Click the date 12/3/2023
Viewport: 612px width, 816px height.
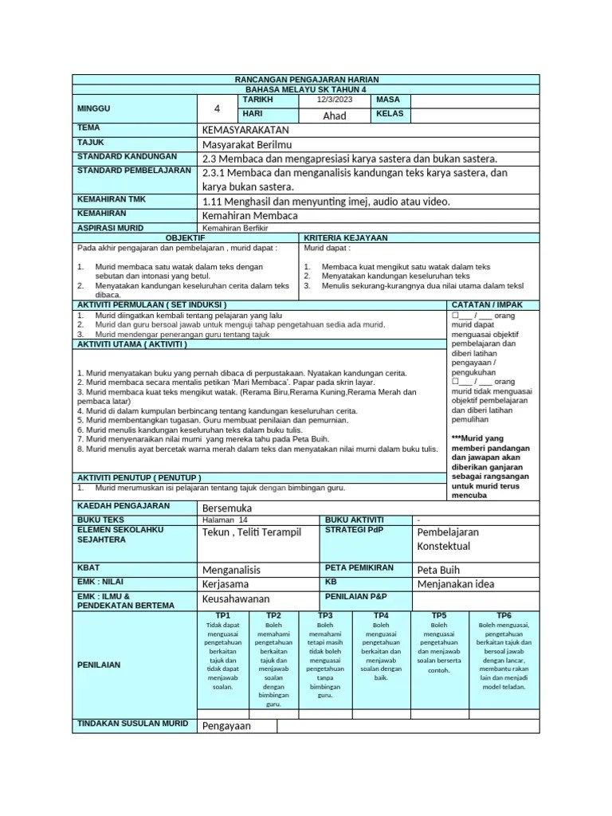pyautogui.click(x=335, y=100)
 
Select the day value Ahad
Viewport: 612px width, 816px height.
pyautogui.click(x=335, y=116)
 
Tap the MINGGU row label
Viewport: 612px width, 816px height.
pyautogui.click(x=94, y=108)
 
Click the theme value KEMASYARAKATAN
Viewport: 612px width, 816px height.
pyautogui.click(x=247, y=129)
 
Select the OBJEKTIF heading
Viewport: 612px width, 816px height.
pyautogui.click(x=185, y=237)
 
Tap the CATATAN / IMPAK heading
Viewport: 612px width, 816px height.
pyautogui.click(x=488, y=304)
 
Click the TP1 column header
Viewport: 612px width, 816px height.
pyautogui.click(x=222, y=615)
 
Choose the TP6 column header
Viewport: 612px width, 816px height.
pyautogui.click(x=504, y=615)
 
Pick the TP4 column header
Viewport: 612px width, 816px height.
pyautogui.click(x=381, y=615)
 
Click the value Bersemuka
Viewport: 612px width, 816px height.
pyautogui.click(x=228, y=508)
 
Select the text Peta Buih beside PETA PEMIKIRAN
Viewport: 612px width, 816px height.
pyautogui.click(x=438, y=570)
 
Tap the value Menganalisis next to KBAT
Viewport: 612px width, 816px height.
pyautogui.click(x=232, y=570)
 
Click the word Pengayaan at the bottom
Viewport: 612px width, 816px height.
pyautogui.click(x=226, y=726)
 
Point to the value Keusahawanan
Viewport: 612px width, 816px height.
pyautogui.click(x=237, y=598)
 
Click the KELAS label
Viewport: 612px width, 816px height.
pyautogui.click(x=390, y=113)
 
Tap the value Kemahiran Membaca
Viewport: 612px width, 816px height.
pyautogui.click(x=250, y=215)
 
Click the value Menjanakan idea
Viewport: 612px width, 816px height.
pyautogui.click(x=456, y=584)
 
